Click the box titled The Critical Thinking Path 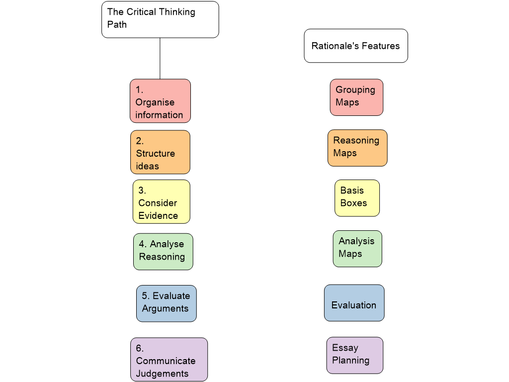pos(160,19)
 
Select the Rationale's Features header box pos(356,46)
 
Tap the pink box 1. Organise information pos(160,101)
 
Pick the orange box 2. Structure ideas pos(160,152)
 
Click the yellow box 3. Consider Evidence pos(162,202)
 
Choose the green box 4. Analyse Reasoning pos(163,252)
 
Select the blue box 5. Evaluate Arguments pos(167,303)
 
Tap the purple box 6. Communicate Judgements pos(169,360)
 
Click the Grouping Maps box pos(356,97)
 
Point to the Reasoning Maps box pos(357,148)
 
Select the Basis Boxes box pos(357,198)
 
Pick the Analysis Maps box pos(357,249)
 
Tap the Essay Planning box pos(354,355)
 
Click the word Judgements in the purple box pos(162,374)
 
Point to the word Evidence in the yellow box pos(158,215)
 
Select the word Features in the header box pos(381,46)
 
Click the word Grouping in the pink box pos(355,90)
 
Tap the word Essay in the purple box pos(345,348)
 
